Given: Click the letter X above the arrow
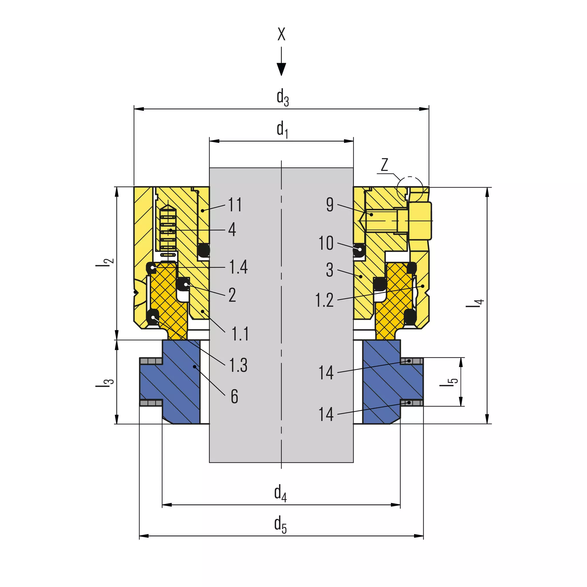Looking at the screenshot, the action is point(281,34).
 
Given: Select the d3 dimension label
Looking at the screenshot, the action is point(283,98).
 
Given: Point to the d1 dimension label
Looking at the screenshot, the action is point(283,129).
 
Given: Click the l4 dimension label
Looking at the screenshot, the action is point(475,303).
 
